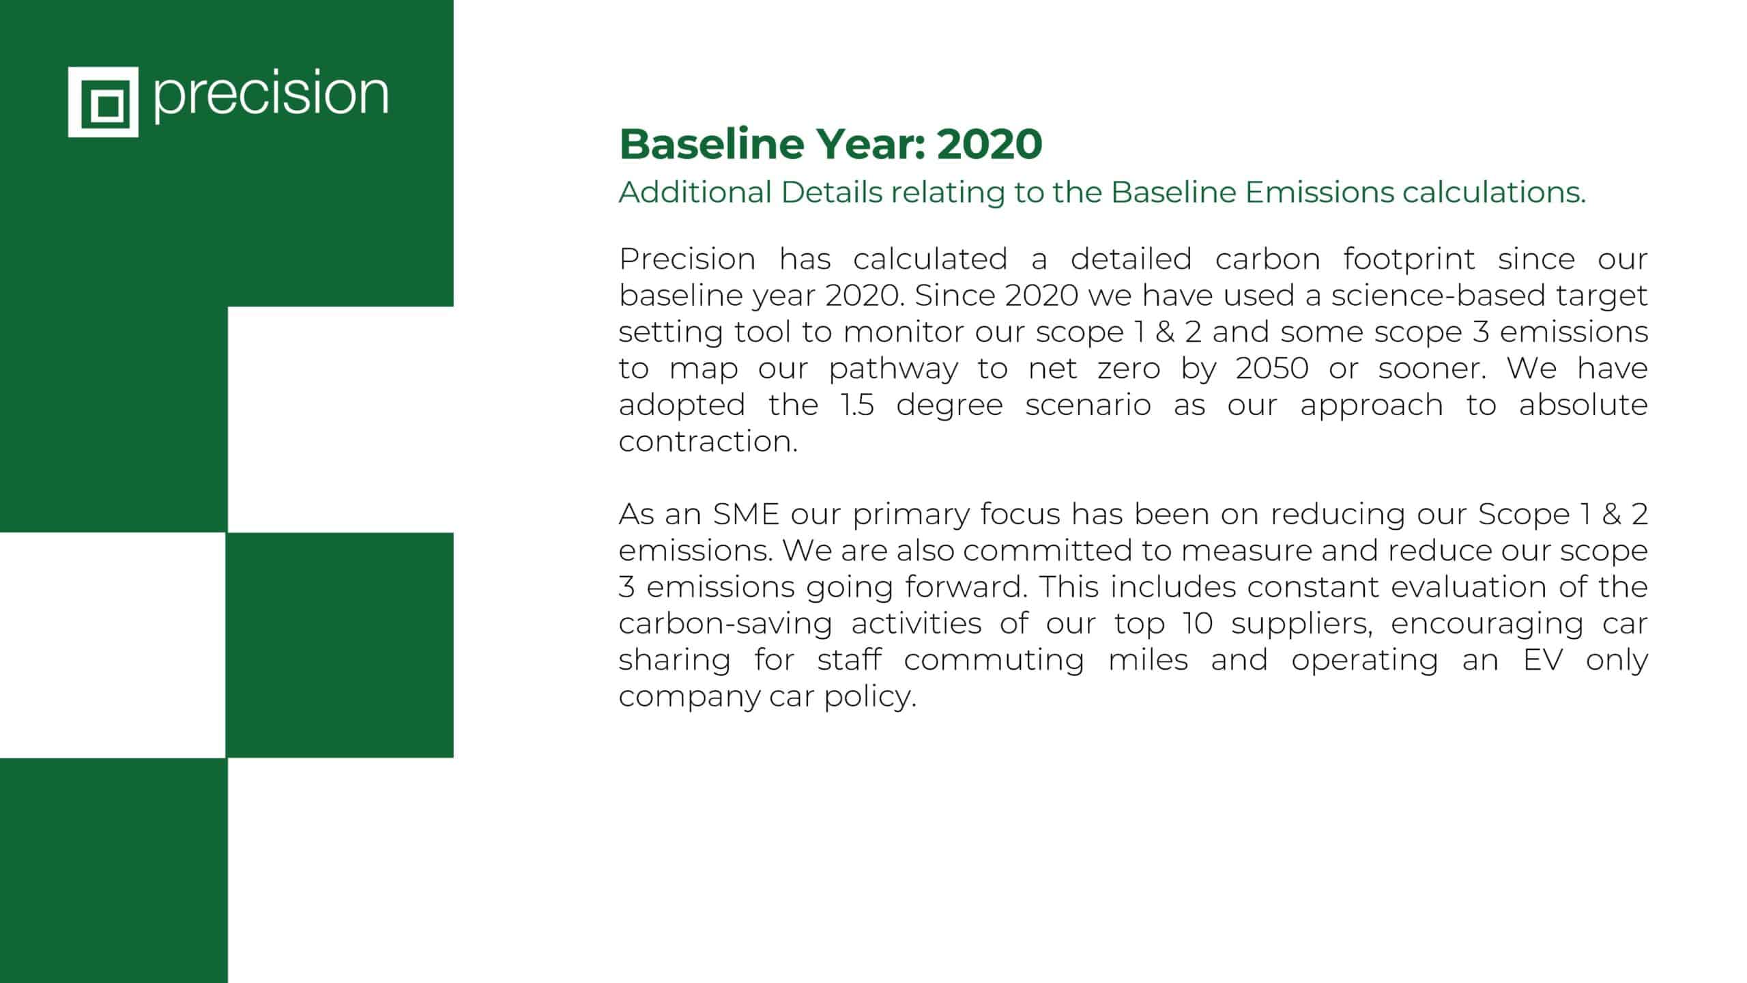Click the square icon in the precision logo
click(103, 102)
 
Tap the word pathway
click(893, 369)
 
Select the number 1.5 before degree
click(857, 405)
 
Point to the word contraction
click(708, 441)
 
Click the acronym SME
click(746, 514)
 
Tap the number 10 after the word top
click(1198, 623)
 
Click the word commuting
click(994, 661)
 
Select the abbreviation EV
click(1543, 659)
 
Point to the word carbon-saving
click(725, 625)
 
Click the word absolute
click(1583, 405)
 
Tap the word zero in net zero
click(1129, 369)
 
